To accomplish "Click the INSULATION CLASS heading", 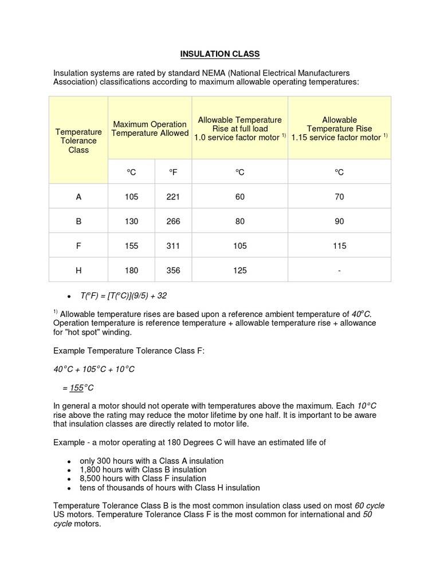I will (220, 54).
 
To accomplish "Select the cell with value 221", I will (173, 197).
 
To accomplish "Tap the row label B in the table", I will (78, 221).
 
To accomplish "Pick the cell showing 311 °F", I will (173, 246).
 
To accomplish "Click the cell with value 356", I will (173, 271).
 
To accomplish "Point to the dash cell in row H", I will (339, 271).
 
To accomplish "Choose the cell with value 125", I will (239, 271).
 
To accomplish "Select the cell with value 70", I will (339, 197).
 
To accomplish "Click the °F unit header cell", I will (173, 172).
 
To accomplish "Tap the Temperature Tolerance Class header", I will (78, 140).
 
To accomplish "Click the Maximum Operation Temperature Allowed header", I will (150, 128).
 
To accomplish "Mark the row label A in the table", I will (78, 197).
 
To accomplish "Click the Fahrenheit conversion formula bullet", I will (123, 296).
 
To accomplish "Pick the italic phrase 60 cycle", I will (370, 506).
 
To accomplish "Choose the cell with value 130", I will (131, 221).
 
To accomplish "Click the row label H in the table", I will (78, 271).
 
